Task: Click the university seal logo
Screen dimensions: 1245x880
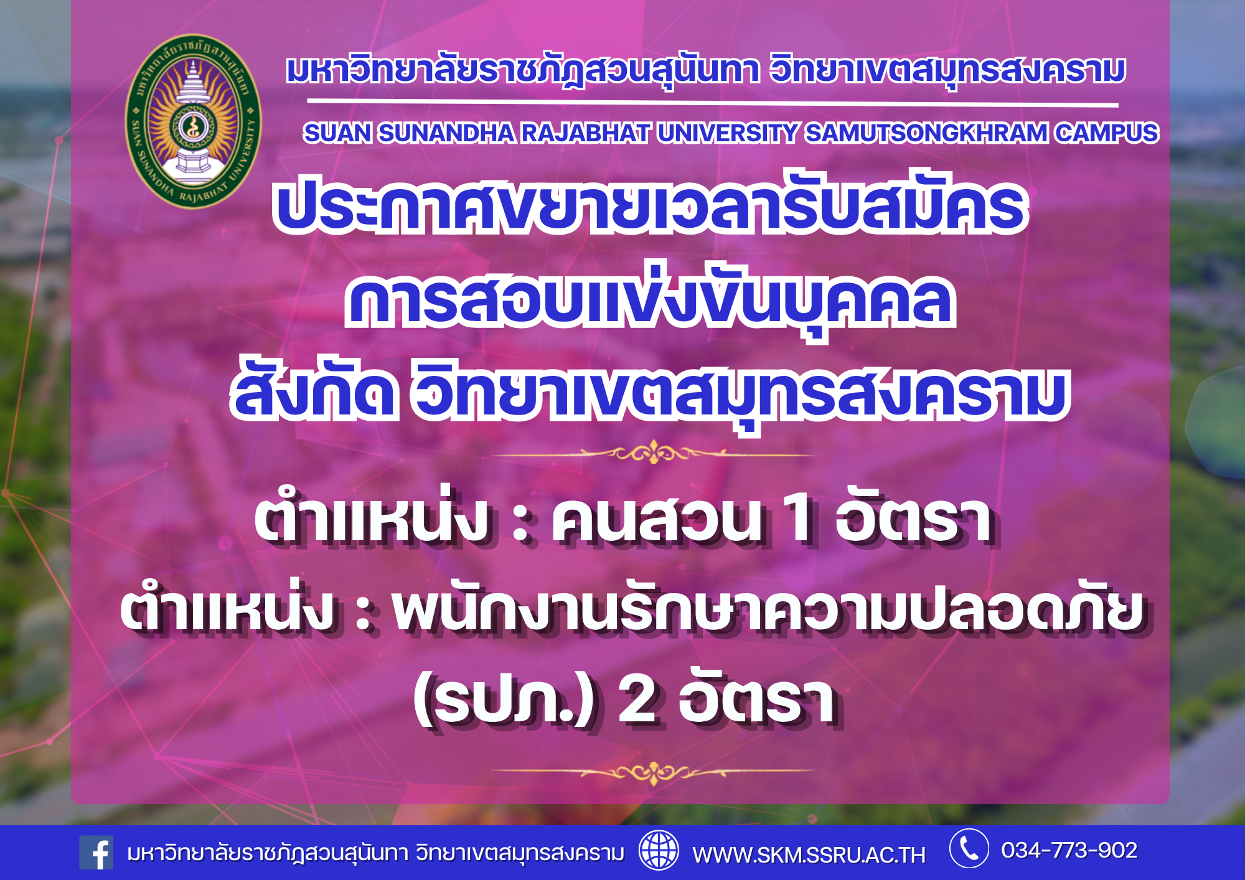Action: coord(194,121)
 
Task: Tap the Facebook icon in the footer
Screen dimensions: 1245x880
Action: coord(96,853)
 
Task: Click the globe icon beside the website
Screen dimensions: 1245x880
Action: coord(659,850)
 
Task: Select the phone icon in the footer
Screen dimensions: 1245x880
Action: coord(969,848)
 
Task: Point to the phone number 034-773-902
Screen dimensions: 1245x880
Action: coord(1069,850)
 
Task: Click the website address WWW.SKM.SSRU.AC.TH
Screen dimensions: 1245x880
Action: coord(809,855)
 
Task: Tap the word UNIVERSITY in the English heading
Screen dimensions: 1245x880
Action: coord(727,133)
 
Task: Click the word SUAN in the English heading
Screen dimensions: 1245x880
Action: coord(337,133)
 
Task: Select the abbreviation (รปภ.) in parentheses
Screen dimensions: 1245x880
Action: coord(504,701)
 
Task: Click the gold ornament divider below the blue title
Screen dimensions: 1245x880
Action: coord(652,452)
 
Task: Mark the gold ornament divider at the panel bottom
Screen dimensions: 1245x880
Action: coord(652,772)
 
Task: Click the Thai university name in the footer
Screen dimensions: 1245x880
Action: coord(375,853)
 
